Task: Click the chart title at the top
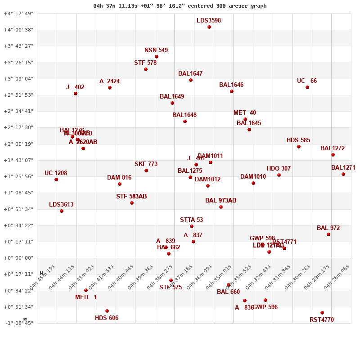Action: tap(180, 6)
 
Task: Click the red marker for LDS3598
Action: tap(209, 27)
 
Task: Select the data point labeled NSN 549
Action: tap(157, 57)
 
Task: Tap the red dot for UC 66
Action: tap(307, 87)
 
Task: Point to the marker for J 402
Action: tap(76, 94)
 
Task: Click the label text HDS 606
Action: tap(107, 318)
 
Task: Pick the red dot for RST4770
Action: tap(322, 313)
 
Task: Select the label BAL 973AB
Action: tap(220, 201)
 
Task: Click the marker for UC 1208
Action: tap(56, 180)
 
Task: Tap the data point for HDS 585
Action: tap(299, 147)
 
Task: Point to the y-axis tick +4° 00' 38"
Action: tap(18, 30)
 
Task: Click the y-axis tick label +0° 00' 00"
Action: tap(18, 258)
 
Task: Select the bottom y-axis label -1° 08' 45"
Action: tap(18, 323)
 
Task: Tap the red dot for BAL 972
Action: tap(328, 234)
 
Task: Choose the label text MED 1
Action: tap(85, 297)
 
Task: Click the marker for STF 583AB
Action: tap(132, 203)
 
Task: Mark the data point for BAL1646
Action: tap(232, 91)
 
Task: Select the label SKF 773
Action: tap(146, 164)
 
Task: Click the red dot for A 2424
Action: tap(110, 88)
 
